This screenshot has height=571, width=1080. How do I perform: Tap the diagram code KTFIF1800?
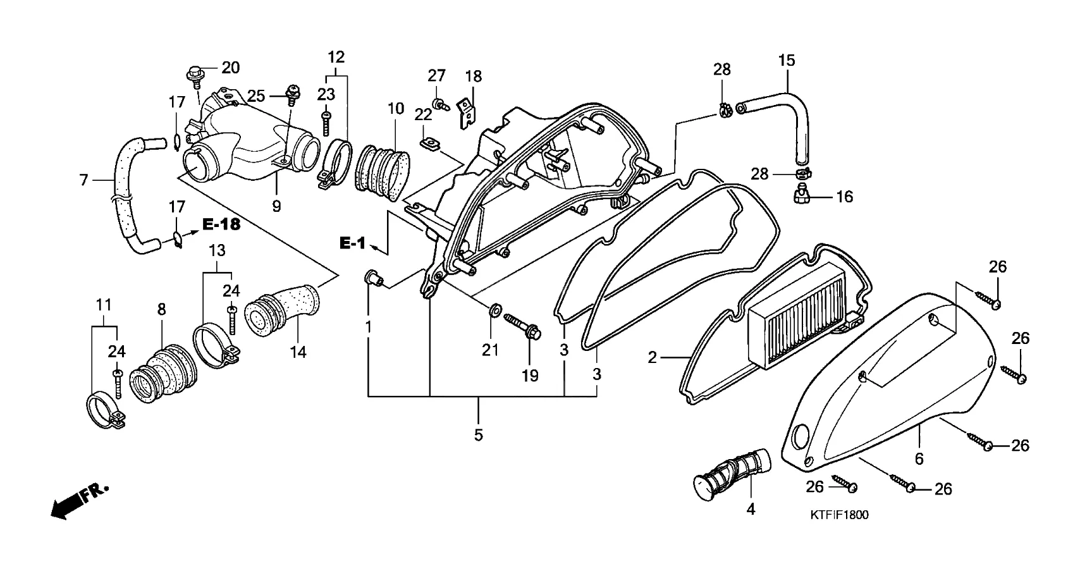839,515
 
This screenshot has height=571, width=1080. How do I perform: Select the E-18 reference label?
221,225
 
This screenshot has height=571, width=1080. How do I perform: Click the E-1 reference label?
352,243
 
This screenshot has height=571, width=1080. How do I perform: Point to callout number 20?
230,68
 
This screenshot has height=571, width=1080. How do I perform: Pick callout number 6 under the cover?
919,459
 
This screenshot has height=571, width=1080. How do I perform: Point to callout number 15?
787,61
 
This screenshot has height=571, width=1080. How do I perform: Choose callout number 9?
276,206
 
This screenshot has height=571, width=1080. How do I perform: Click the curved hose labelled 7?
121,190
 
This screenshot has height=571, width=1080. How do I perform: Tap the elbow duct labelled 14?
282,308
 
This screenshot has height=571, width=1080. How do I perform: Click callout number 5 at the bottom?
478,435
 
